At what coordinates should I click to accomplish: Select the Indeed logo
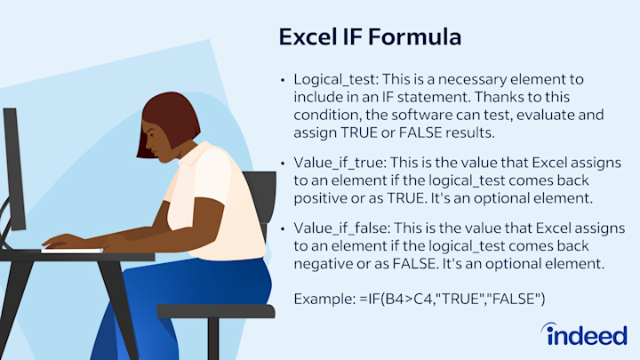[584, 334]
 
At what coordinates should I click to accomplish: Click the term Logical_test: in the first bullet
[336, 79]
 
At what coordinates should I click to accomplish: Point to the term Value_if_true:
[340, 163]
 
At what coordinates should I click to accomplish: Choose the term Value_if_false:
[341, 228]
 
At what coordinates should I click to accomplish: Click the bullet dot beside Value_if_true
[283, 164]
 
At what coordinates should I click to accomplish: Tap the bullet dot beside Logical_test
[283, 80]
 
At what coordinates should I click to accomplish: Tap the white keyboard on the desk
[72, 250]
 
